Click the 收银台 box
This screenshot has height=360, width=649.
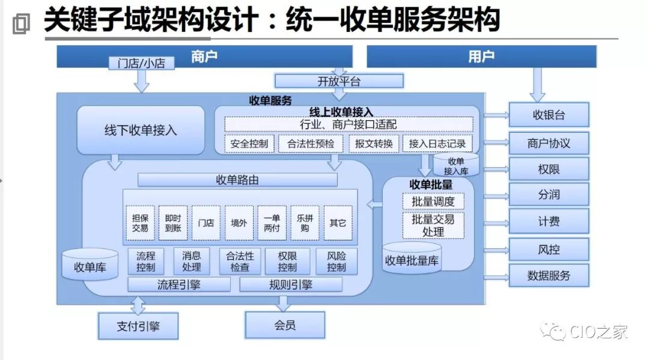pyautogui.click(x=549, y=115)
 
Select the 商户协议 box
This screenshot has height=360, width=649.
pyautogui.click(x=549, y=143)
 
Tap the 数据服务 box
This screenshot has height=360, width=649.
pyautogui.click(x=549, y=276)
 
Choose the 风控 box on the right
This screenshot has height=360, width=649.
pyautogui.click(x=549, y=249)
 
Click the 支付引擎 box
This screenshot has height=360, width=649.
pyautogui.click(x=139, y=327)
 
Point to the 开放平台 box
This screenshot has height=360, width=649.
pyautogui.click(x=339, y=81)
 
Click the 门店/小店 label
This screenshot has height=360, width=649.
pyautogui.click(x=141, y=63)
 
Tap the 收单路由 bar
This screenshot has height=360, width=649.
pyautogui.click(x=237, y=180)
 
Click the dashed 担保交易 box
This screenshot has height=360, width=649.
pyautogui.click(x=140, y=223)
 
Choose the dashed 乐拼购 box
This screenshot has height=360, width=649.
pyautogui.click(x=305, y=223)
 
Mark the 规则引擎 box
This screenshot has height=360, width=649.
pyautogui.click(x=291, y=284)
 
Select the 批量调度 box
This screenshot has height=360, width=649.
pyautogui.click(x=433, y=201)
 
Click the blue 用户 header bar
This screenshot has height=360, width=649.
pyautogui.click(x=481, y=56)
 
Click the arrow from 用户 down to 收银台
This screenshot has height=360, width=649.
pyautogui.click(x=537, y=84)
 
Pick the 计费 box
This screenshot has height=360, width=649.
pyautogui.click(x=549, y=221)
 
